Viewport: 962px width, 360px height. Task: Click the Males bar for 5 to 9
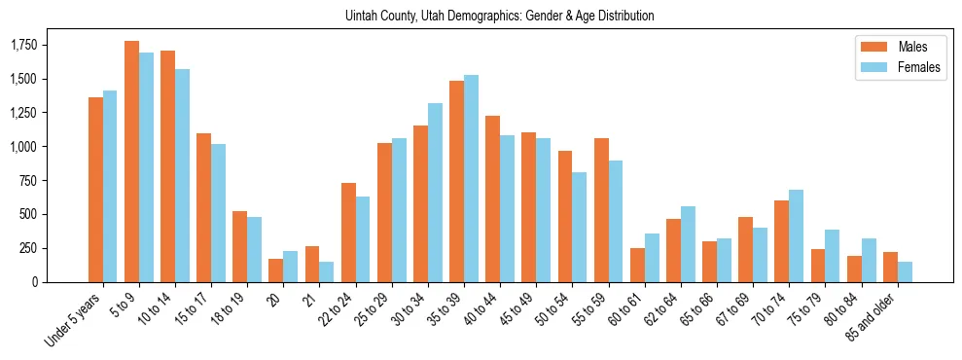click(x=131, y=162)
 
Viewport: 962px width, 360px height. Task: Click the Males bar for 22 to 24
click(x=348, y=233)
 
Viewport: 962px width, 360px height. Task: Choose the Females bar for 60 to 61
click(x=652, y=258)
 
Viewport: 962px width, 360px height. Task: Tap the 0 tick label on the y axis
click(x=35, y=282)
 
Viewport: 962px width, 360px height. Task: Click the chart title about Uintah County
click(x=499, y=17)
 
